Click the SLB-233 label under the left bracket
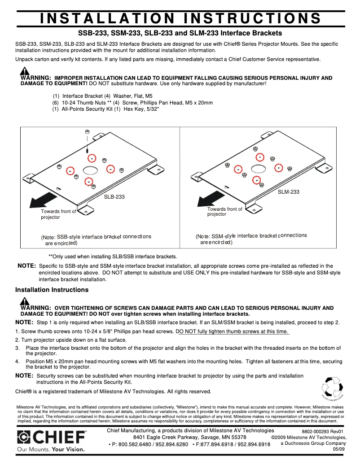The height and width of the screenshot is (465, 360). tap(114, 196)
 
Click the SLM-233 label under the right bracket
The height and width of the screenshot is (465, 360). tap(288, 192)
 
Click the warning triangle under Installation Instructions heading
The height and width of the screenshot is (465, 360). tap(25, 301)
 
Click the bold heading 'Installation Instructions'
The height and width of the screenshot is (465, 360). tap(52, 290)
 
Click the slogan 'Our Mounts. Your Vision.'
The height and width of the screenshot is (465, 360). tap(51, 449)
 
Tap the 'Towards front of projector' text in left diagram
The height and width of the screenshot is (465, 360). tap(58, 214)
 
